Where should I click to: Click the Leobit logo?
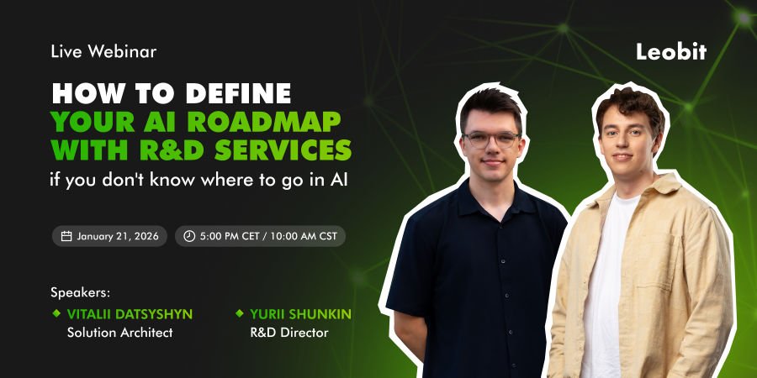click(671, 51)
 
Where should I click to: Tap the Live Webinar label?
click(103, 51)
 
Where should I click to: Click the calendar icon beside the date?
click(66, 236)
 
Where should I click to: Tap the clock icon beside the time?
click(189, 236)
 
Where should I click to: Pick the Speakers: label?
click(81, 293)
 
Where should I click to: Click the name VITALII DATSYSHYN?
click(130, 314)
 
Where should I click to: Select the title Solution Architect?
click(119, 333)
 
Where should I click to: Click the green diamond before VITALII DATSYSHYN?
click(56, 313)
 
